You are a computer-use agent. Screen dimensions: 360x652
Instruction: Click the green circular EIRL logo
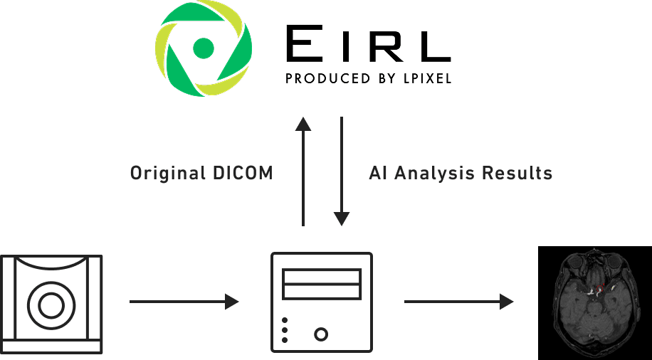(x=203, y=48)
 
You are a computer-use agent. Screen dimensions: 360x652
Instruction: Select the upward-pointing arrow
(x=303, y=171)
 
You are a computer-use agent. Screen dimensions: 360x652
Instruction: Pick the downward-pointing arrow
(x=342, y=171)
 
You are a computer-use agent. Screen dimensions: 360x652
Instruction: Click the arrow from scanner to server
(x=184, y=302)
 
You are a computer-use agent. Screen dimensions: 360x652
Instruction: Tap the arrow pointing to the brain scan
(x=458, y=302)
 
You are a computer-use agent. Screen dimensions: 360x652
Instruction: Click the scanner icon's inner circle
(x=51, y=306)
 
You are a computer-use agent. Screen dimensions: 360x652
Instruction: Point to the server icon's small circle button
(x=321, y=333)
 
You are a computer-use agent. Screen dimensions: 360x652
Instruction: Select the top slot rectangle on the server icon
(x=322, y=275)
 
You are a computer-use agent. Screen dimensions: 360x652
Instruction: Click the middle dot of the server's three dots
(x=285, y=330)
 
